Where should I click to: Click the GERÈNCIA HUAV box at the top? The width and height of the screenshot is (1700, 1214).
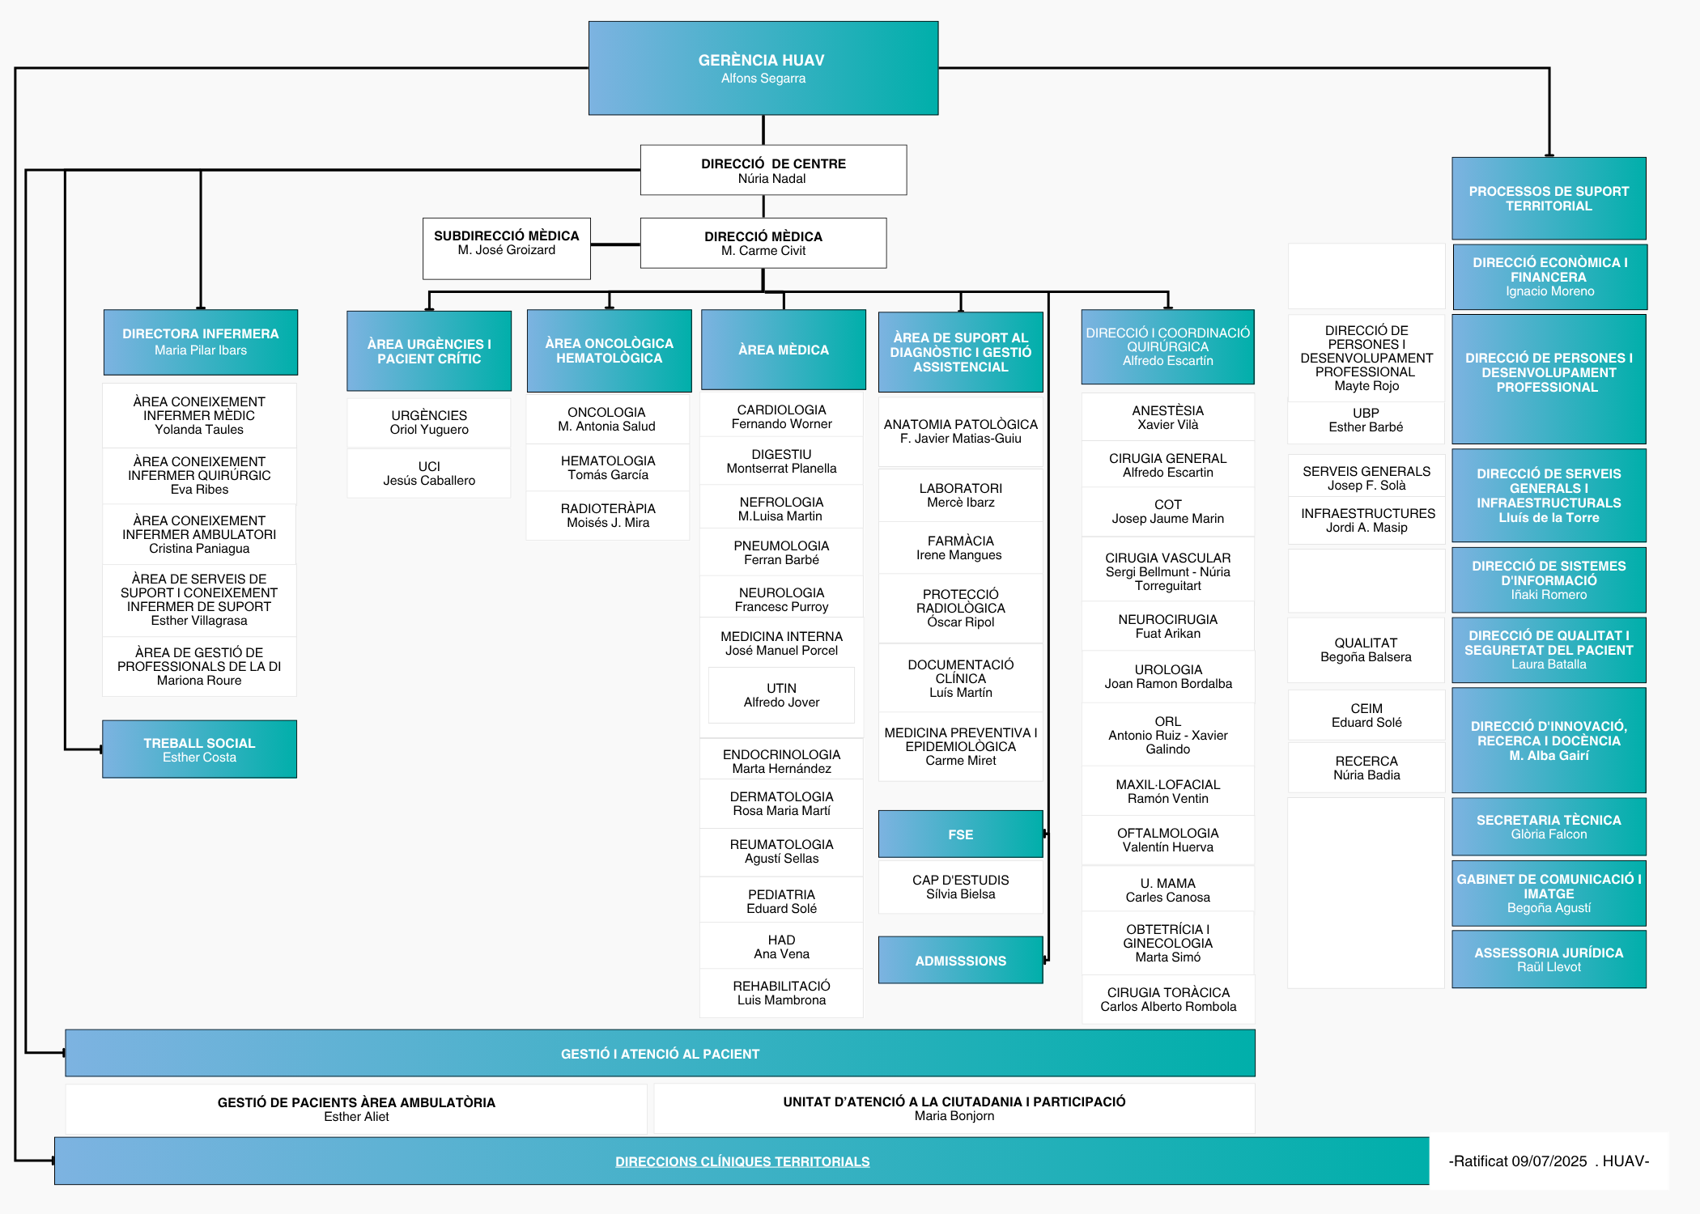click(763, 68)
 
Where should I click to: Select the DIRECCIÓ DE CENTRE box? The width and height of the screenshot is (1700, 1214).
click(773, 170)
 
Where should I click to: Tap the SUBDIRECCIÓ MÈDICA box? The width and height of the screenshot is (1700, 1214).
click(507, 248)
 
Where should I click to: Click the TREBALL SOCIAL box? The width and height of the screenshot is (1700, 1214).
click(199, 749)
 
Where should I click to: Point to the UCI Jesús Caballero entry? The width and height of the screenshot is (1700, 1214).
click(429, 473)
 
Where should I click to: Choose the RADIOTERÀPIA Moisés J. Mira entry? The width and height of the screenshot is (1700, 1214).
click(608, 516)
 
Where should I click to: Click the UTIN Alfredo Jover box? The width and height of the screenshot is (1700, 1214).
click(781, 695)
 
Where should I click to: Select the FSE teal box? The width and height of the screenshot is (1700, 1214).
click(961, 834)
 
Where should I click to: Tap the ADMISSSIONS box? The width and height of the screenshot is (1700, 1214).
click(961, 960)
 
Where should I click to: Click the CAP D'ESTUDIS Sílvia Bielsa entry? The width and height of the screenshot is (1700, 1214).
click(961, 887)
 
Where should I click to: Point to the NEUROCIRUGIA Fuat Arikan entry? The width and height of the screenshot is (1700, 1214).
click(1168, 626)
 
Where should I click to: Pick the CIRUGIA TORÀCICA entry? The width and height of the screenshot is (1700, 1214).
click(1168, 1000)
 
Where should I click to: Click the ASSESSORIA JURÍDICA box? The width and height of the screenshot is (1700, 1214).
click(1549, 959)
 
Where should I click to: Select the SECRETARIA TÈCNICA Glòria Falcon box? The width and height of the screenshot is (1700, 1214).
click(1549, 826)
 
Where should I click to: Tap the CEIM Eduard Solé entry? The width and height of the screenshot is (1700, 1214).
click(1366, 715)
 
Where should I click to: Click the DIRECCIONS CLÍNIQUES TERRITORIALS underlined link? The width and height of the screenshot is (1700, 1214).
click(742, 1161)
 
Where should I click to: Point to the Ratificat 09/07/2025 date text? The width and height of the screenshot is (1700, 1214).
click(1518, 1161)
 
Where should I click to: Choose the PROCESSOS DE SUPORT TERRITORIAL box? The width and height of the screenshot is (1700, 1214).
click(1549, 198)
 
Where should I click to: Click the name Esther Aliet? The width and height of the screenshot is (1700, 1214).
click(356, 1117)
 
